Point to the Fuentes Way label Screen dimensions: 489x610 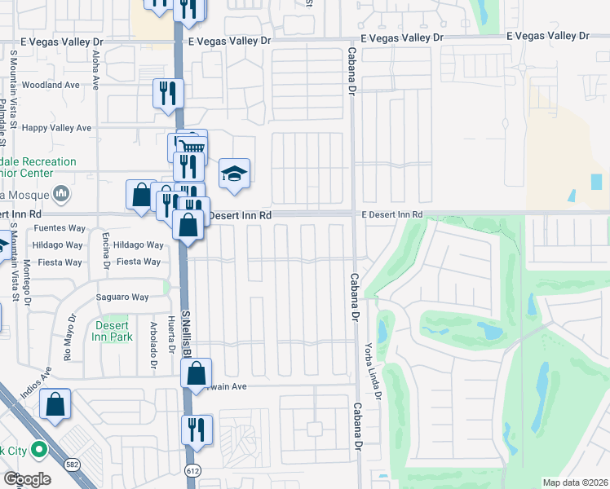pyautogui.click(x=60, y=228)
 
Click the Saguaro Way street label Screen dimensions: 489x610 pyautogui.click(x=123, y=297)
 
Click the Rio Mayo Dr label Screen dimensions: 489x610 pyautogui.click(x=70, y=337)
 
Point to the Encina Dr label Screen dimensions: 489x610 pyautogui.click(x=106, y=254)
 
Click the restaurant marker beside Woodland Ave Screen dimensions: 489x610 pyautogui.click(x=168, y=93)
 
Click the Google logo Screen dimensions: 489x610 pyautogui.click(x=27, y=479)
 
